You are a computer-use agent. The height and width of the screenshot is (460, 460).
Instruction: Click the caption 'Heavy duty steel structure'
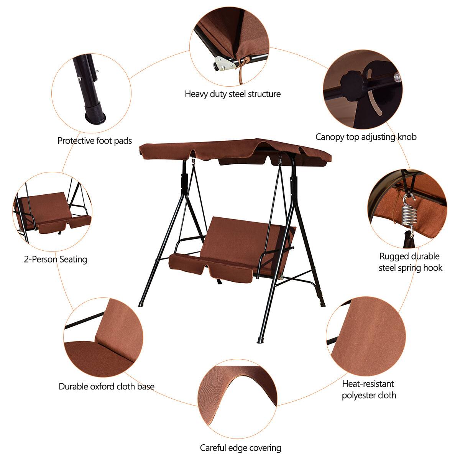coord(233,94)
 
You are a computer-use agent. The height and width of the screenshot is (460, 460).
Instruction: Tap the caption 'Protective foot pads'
coord(95,141)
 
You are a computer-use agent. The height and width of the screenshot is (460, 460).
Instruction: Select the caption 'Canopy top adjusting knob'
coord(366,137)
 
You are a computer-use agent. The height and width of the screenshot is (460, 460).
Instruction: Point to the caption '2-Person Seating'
coord(56,260)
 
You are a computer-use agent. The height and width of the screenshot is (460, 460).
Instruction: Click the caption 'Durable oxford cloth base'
coord(107,386)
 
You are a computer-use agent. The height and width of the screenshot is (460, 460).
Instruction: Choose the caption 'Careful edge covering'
coord(240,448)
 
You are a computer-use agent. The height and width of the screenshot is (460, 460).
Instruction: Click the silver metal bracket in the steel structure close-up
coord(224,64)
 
